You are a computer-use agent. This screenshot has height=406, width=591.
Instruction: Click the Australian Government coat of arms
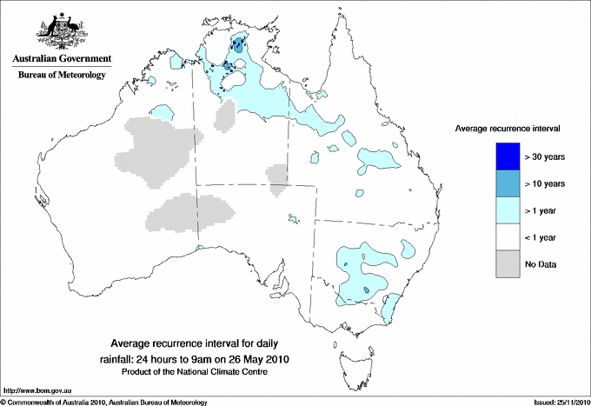pyautogui.click(x=60, y=30)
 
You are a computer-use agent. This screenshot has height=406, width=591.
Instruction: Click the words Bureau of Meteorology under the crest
pyautogui.click(x=61, y=76)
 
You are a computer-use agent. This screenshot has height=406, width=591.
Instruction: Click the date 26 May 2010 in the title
pyautogui.click(x=258, y=358)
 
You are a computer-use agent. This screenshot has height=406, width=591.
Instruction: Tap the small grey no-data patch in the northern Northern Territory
pyautogui.click(x=224, y=115)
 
